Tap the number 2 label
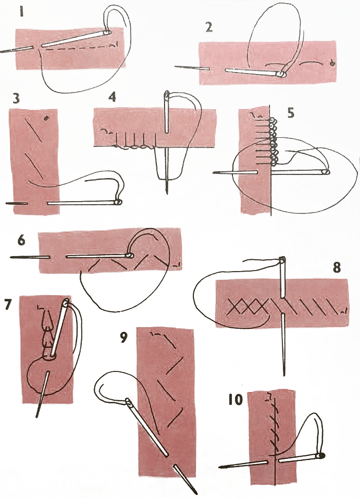(x=208, y=27)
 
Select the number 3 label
(x=16, y=99)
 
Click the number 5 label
(x=291, y=113)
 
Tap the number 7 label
(x=7, y=304)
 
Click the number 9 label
(x=123, y=339)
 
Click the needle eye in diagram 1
(x=107, y=32)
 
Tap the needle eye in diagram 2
(x=281, y=75)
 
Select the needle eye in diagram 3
(x=118, y=202)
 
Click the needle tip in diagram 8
(x=284, y=376)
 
